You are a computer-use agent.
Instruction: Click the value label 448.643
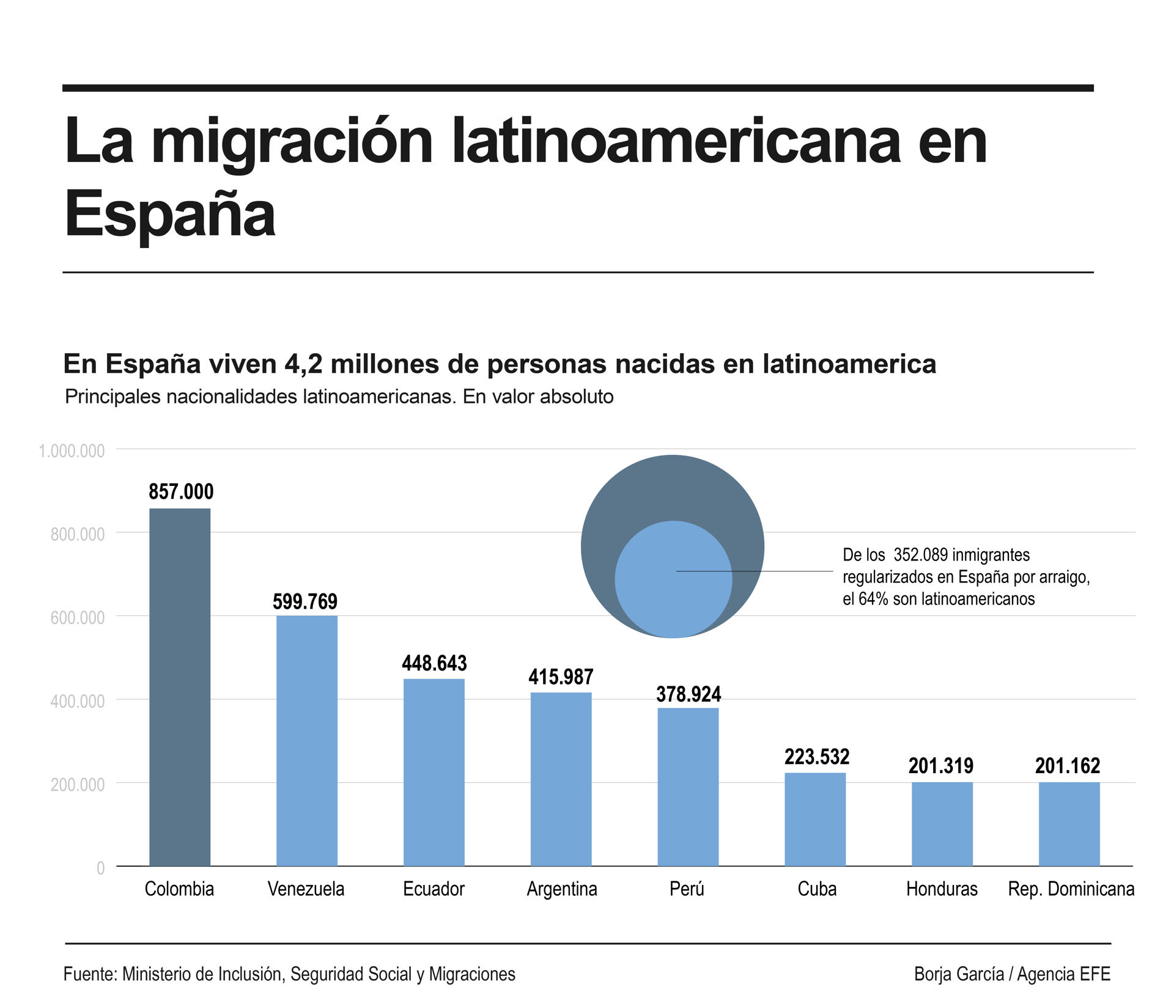tap(434, 663)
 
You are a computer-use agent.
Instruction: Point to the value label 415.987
tap(561, 677)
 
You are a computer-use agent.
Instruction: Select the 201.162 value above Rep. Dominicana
tap(1068, 766)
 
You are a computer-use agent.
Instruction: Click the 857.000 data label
tap(181, 491)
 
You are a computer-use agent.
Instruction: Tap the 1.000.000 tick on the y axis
tap(72, 451)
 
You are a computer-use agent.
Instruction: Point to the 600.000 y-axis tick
tap(78, 618)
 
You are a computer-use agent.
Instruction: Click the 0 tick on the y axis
tap(100, 868)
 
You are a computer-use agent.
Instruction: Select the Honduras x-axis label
tap(942, 889)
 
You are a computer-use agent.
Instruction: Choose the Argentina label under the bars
tap(562, 889)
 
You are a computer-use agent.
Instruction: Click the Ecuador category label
tap(434, 889)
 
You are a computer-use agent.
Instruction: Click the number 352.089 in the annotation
tap(920, 555)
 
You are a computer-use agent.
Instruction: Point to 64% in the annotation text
tap(873, 599)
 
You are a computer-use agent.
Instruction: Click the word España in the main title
tap(170, 214)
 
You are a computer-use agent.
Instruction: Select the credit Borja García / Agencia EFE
tap(1012, 974)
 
